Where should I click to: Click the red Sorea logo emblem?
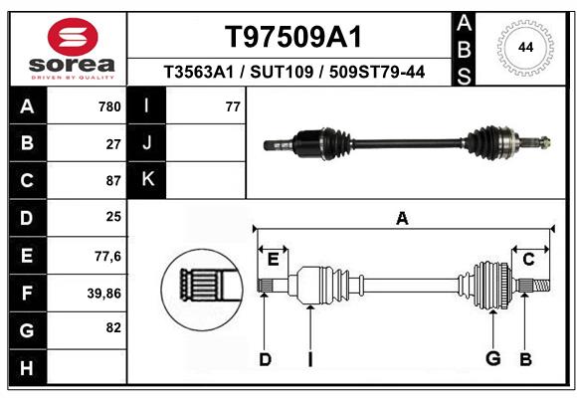tap(73, 37)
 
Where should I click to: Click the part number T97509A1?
tap(293, 37)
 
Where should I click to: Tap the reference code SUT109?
tap(282, 72)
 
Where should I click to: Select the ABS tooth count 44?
tap(525, 48)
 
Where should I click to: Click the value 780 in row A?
tap(109, 106)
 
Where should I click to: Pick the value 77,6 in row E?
tap(107, 256)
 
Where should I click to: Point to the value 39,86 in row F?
tap(104, 294)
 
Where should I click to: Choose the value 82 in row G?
tap(113, 327)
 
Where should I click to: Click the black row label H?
tap(28, 367)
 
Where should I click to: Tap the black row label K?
tap(146, 180)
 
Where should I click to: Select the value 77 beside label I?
tap(233, 106)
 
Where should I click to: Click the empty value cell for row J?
tap(206, 142)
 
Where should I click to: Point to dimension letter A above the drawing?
tap(402, 219)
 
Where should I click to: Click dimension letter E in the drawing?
tap(273, 260)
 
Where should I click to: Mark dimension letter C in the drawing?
tap(528, 260)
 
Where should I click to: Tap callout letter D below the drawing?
tap(265, 359)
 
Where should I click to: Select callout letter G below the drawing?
tap(493, 358)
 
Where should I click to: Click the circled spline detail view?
tap(202, 290)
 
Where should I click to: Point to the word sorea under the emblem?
tap(72, 65)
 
